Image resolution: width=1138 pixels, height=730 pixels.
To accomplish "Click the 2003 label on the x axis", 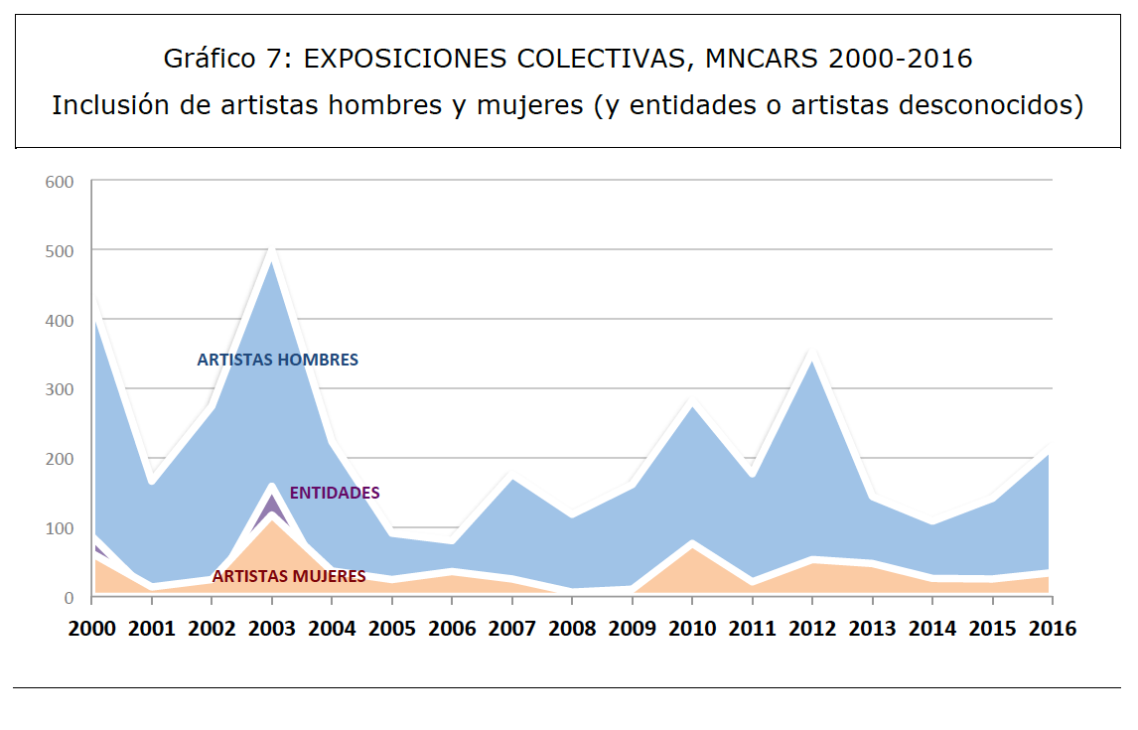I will click(x=271, y=629).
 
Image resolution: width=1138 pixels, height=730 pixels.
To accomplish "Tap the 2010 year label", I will click(x=692, y=629).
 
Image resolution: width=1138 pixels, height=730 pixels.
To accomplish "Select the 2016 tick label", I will click(x=1053, y=629).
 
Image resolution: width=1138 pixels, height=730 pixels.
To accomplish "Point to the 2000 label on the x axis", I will click(x=91, y=629).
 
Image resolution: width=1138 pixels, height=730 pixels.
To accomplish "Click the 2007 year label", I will click(x=511, y=629).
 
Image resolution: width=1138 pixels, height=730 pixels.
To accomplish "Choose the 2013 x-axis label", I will click(x=873, y=629).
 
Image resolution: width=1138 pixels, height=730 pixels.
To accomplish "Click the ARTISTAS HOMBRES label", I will click(x=277, y=361).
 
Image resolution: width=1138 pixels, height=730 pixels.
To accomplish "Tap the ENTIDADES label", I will click(x=335, y=493).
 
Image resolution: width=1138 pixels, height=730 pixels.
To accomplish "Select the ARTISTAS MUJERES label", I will click(x=289, y=576).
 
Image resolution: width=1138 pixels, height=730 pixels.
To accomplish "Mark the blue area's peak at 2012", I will click(x=812, y=363).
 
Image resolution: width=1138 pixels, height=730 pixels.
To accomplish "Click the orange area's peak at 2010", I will click(x=692, y=549).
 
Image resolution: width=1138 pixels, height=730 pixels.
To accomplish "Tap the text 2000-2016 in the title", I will click(x=901, y=60).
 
